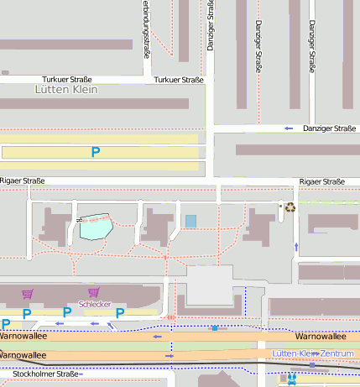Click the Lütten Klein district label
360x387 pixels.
click(67, 89)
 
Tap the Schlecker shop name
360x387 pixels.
click(95, 303)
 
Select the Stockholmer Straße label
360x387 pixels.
click(40, 374)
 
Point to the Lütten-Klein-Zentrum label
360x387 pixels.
click(313, 354)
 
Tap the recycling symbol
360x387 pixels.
click(290, 207)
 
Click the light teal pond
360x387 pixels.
click(96, 227)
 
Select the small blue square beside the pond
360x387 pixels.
click(190, 221)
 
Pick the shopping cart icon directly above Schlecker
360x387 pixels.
click(93, 292)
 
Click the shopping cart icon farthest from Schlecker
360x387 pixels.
click(27, 293)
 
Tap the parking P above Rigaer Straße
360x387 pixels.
click(96, 152)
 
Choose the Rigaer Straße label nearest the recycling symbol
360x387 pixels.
click(322, 181)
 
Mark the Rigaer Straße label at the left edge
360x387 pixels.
click(22, 180)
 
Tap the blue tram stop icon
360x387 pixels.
click(291, 379)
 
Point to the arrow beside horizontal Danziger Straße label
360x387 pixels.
click(288, 128)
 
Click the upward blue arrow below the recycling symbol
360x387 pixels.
click(295, 247)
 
